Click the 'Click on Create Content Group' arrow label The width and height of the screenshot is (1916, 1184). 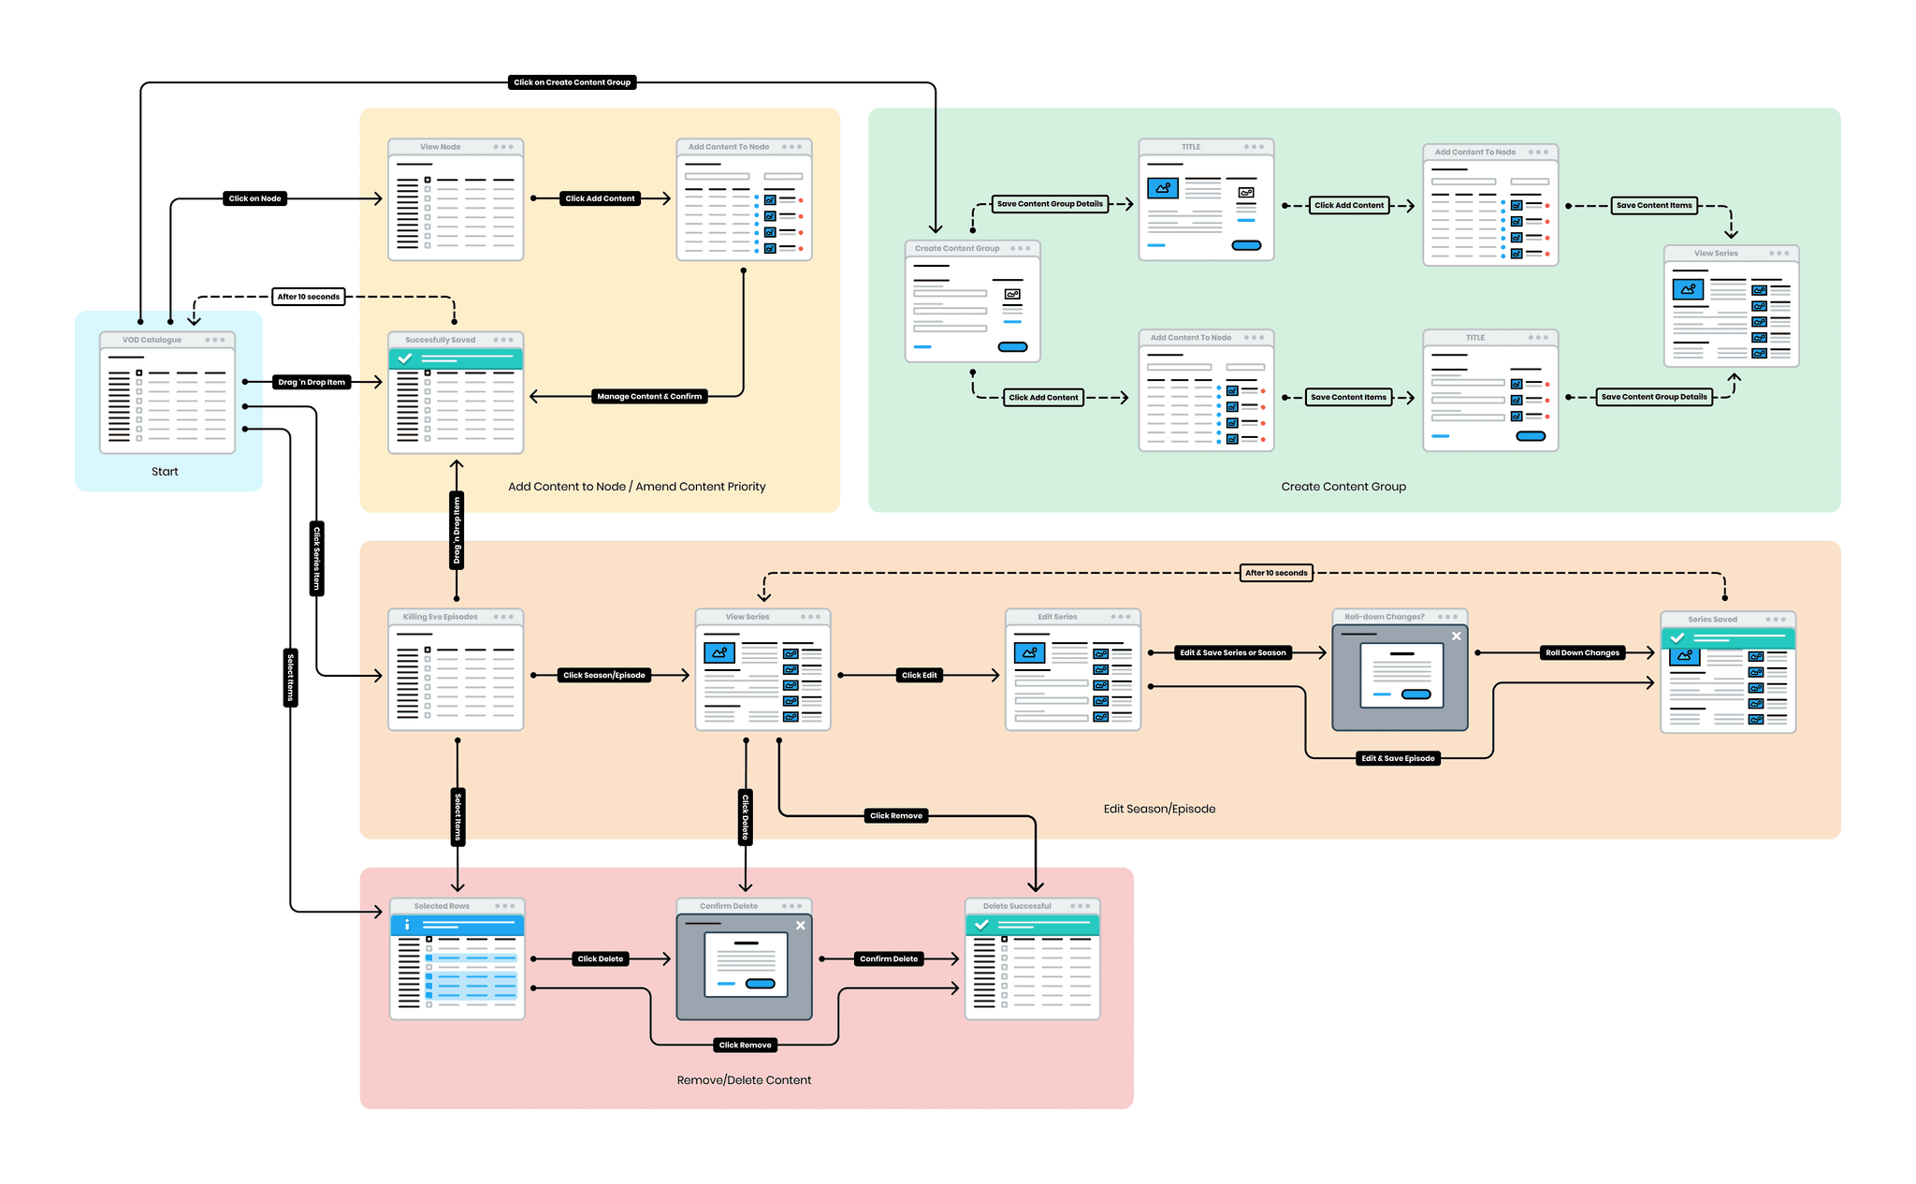572,82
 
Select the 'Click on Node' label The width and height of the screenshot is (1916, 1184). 254,198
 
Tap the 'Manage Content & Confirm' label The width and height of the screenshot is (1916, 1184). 649,397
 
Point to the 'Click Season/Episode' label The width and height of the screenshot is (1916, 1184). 603,675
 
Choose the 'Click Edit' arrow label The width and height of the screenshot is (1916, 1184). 919,675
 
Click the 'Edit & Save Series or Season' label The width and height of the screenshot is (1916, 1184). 1232,652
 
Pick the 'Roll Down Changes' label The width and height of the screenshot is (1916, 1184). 1582,652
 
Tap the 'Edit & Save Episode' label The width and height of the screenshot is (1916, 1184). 1398,758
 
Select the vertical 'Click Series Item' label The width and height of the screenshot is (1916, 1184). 317,558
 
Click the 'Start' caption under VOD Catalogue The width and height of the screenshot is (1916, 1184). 165,472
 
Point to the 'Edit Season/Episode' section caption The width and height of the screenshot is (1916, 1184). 1159,809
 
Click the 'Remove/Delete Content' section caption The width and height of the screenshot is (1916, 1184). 744,1080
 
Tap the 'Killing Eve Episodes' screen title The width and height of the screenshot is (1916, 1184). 440,617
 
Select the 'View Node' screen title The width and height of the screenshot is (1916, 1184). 440,147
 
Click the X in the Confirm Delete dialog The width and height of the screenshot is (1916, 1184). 800,926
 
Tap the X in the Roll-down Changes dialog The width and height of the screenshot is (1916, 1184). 1456,636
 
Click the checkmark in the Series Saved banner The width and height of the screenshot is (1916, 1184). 1677,638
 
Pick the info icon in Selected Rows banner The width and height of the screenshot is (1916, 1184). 407,925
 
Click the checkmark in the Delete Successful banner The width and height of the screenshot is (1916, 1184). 981,925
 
